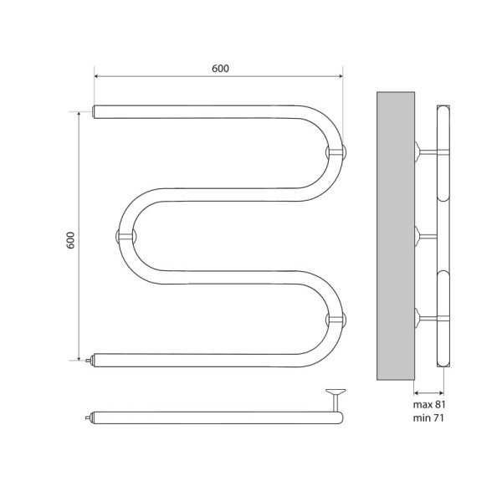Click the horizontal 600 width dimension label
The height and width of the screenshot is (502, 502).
tap(218, 68)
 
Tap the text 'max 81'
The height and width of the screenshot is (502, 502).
tap(428, 405)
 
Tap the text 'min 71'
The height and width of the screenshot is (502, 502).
tap(427, 417)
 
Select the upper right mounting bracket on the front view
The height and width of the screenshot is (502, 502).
tap(335, 151)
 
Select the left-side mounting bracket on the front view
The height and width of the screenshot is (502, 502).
tap(122, 236)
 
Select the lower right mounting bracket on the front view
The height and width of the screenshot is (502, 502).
tap(335, 319)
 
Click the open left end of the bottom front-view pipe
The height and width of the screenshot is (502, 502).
tap(95, 360)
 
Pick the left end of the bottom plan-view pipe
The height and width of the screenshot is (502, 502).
tap(94, 415)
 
